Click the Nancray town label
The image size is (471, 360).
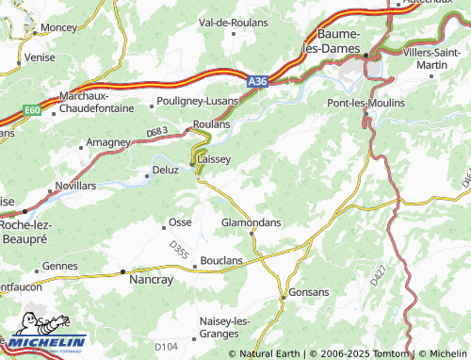click(x=150, y=280)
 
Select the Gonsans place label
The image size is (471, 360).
click(x=309, y=293)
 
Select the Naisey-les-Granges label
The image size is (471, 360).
click(x=224, y=327)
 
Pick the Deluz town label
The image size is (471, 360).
click(x=165, y=172)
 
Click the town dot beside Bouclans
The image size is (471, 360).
click(x=195, y=267)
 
